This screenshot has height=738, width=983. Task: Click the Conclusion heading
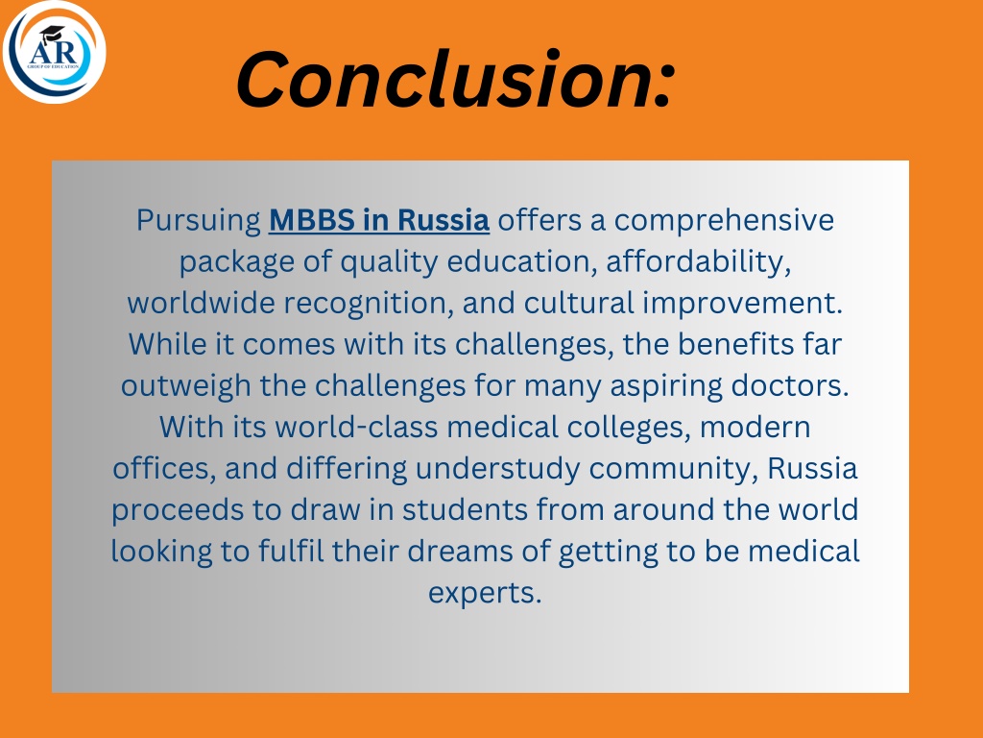coord(456,80)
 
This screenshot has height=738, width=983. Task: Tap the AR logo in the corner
coord(54,52)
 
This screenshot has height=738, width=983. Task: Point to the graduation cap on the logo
coord(52,34)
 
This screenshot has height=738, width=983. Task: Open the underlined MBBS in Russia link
coord(378,220)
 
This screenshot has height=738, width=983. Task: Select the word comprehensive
coord(724,221)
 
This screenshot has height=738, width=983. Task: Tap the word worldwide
coord(202,303)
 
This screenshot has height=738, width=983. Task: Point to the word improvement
coord(742,304)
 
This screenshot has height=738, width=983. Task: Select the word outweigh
coord(185,386)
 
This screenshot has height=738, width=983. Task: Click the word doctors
coord(790,386)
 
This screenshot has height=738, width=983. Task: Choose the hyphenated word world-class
coord(356,428)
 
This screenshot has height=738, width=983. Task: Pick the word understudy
coord(498,469)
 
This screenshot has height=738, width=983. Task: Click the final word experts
coord(485,593)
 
